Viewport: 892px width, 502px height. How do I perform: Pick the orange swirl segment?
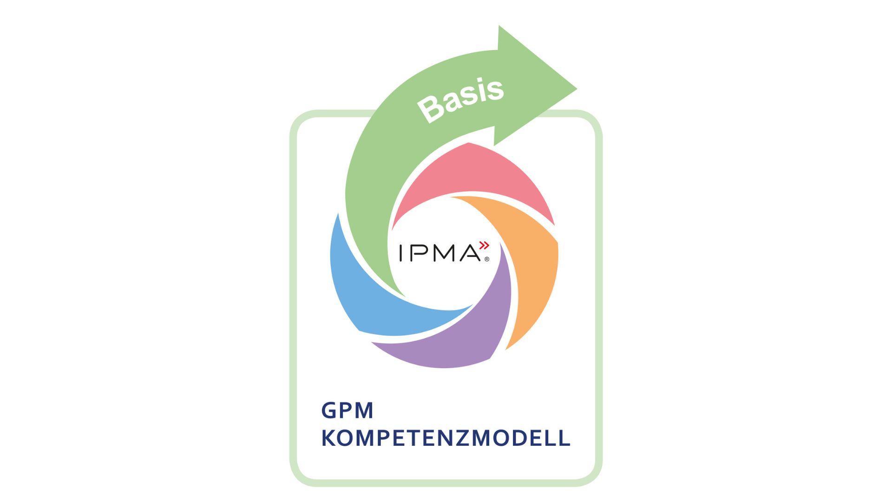coord(530,265)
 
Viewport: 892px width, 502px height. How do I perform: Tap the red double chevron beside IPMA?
coord(484,245)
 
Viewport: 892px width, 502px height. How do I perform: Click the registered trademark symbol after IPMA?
coord(486,259)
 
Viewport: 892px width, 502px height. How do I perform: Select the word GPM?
coord(348,411)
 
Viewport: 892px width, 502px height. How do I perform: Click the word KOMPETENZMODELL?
coord(446,438)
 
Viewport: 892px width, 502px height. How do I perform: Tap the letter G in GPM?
coord(328,411)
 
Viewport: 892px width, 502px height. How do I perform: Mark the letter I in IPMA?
coord(401,253)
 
